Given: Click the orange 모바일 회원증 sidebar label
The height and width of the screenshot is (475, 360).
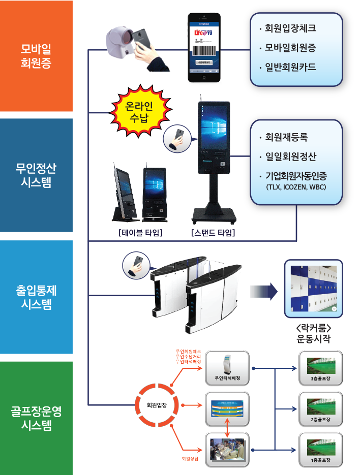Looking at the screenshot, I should pyautogui.click(x=36, y=56).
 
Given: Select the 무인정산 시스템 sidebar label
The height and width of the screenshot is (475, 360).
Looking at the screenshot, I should pyautogui.click(x=36, y=175).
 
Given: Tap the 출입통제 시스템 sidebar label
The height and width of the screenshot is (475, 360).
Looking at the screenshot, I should pyautogui.click(x=36, y=297).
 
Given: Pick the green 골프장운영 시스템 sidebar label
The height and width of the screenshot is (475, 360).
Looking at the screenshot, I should pyautogui.click(x=36, y=418).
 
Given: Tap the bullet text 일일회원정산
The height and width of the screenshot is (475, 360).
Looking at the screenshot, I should pyautogui.click(x=294, y=156).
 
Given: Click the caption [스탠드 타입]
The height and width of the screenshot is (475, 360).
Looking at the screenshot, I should pyautogui.click(x=213, y=233).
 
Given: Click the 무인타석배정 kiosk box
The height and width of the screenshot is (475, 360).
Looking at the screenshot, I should pyautogui.click(x=227, y=369).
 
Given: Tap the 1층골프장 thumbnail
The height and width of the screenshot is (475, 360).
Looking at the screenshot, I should pyautogui.click(x=320, y=450).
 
